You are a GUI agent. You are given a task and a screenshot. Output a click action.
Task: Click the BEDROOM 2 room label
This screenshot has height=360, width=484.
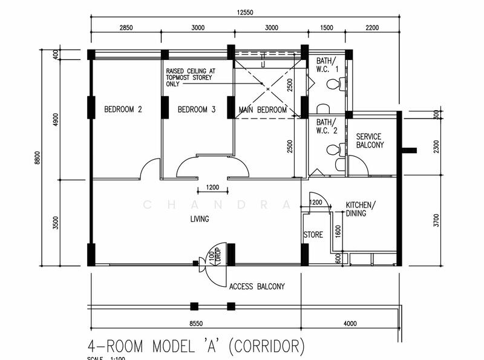123,110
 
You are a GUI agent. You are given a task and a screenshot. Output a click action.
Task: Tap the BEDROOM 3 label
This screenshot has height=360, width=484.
197,110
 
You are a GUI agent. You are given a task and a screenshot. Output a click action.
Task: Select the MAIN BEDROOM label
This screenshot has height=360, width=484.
263,110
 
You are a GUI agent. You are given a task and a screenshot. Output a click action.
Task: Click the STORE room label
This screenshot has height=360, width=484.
313,235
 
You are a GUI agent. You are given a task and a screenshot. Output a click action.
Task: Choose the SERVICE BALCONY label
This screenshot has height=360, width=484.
370,141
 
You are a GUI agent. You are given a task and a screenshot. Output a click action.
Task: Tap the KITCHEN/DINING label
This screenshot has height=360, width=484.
361,209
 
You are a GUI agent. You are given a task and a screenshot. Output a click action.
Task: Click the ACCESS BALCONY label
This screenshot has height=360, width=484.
257,287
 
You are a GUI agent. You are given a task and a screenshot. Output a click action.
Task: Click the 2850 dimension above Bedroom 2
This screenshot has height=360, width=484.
126,28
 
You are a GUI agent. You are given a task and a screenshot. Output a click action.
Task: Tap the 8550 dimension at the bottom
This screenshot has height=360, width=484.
195,324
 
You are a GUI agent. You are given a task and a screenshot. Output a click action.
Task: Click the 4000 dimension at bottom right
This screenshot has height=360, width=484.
350,324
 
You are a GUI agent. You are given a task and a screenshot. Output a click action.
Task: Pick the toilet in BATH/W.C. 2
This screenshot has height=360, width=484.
332,149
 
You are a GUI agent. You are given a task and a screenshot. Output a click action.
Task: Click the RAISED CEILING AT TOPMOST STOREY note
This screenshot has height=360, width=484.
190,77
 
